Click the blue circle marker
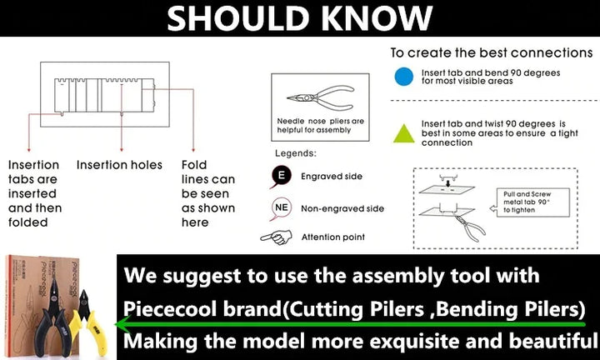403,77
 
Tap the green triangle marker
404,134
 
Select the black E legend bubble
282,177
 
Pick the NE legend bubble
282,208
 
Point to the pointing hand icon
276,237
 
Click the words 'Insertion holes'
119,165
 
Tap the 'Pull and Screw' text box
533,202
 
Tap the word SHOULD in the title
238,18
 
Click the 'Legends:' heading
296,153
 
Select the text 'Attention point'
332,237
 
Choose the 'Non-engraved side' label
342,209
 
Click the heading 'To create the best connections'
492,52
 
